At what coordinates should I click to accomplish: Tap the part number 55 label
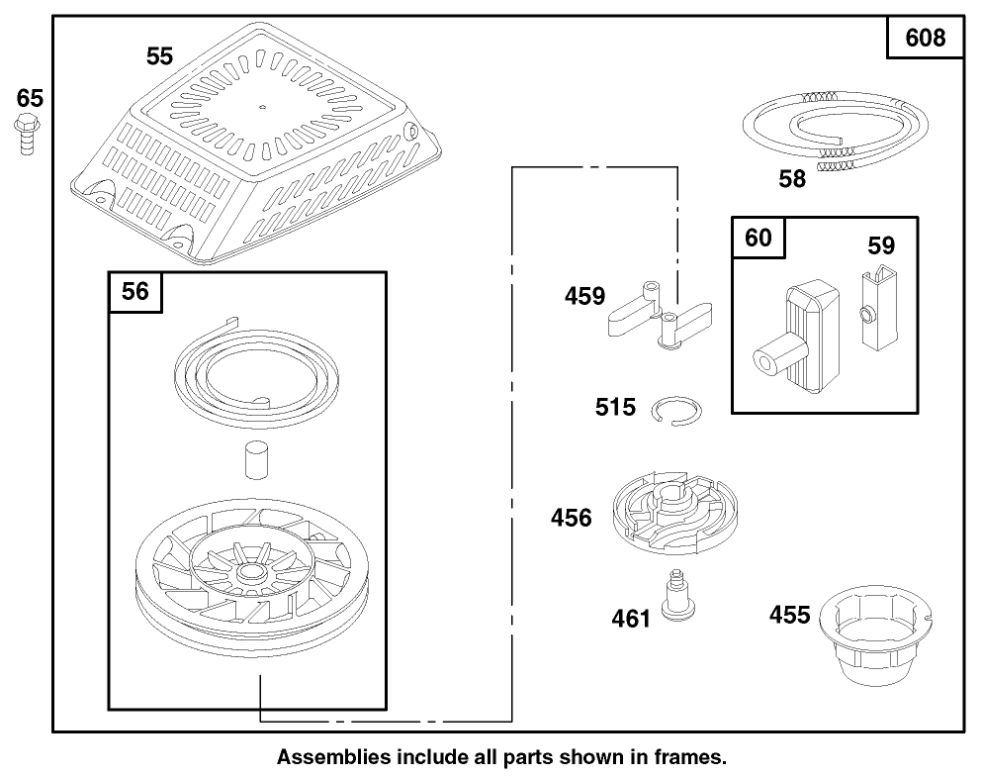160,56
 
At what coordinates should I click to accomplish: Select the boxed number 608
925,39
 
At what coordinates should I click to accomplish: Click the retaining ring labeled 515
679,408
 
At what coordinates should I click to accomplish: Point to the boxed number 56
135,291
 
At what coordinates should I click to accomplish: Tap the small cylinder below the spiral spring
255,460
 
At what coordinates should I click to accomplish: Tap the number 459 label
585,296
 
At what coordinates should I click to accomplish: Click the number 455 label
790,616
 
